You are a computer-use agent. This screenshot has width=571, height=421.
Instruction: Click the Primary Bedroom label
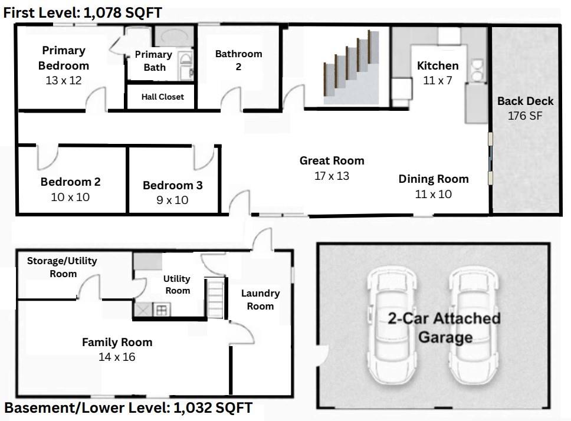tap(64, 58)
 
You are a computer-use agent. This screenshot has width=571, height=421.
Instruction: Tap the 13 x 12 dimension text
tap(64, 80)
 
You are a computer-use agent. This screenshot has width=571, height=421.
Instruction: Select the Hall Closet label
tap(162, 97)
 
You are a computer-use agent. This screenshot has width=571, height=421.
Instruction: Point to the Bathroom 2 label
tap(238, 60)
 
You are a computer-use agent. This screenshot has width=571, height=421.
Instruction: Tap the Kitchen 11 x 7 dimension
tap(438, 80)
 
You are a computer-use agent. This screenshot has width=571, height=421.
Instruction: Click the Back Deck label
tap(525, 101)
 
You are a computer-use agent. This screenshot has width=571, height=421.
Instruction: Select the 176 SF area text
tap(525, 116)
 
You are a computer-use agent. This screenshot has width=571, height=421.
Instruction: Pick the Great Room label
tap(332, 160)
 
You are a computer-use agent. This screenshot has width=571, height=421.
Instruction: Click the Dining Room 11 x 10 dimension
tap(434, 194)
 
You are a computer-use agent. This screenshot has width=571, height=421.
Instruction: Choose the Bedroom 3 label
tap(173, 185)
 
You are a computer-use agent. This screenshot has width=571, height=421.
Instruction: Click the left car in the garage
tap(392, 326)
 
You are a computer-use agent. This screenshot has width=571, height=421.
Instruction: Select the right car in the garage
tap(474, 326)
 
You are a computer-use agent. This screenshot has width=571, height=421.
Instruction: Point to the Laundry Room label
tap(260, 300)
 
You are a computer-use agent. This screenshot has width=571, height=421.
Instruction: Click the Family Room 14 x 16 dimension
tap(117, 357)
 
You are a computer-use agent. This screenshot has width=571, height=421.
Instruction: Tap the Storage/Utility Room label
tap(63, 267)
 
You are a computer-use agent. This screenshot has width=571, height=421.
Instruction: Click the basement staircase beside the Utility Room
tap(215, 298)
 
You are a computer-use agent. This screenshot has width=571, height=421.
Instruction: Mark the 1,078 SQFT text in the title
tap(123, 13)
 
